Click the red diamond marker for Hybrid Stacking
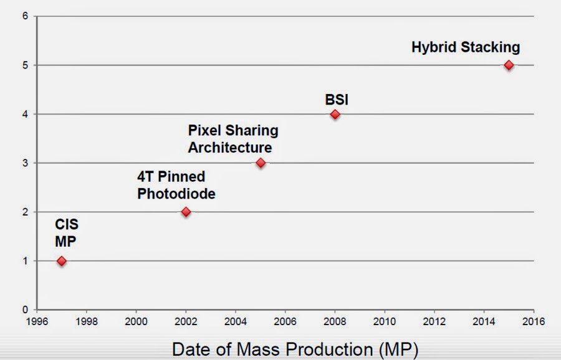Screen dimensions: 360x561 (509, 65)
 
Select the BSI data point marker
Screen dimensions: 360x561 (335, 114)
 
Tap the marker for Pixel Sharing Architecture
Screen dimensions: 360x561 (261, 163)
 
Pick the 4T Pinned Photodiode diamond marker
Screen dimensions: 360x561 (186, 212)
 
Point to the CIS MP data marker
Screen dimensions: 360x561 (61, 260)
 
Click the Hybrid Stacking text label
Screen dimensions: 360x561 (466, 47)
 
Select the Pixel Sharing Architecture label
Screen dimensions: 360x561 (233, 139)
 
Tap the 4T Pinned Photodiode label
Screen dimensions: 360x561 (176, 185)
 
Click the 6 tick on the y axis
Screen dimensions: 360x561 (25, 16)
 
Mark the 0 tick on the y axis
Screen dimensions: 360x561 (25, 310)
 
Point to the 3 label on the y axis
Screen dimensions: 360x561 (25, 163)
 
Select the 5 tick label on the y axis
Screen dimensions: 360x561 (25, 65)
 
